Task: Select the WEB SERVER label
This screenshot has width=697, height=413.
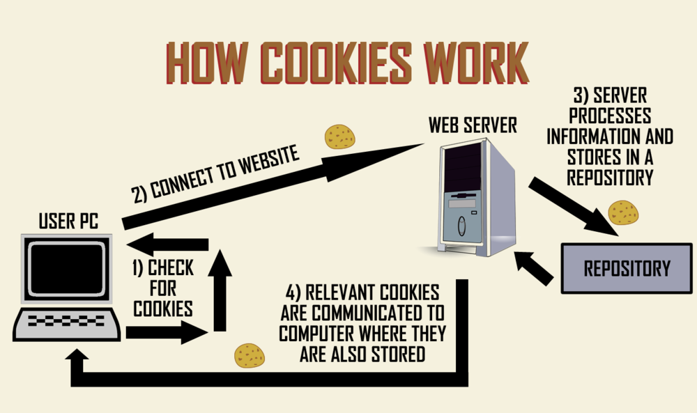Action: pos(473,125)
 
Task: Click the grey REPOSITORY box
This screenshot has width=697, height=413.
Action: pos(627,268)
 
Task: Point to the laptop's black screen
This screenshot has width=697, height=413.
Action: pos(68,268)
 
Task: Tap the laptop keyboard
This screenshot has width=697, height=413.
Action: pos(68,323)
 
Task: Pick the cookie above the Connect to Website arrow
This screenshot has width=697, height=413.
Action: pos(340,137)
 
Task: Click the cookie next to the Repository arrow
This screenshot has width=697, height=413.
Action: pos(623,212)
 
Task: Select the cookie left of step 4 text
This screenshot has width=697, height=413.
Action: pos(250,355)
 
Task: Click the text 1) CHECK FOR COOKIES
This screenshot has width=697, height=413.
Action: pos(162,288)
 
